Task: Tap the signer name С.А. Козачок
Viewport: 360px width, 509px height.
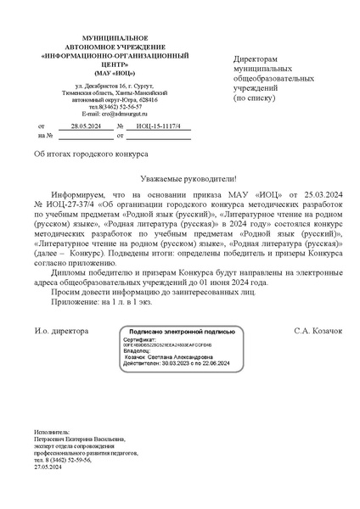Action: (x=318, y=329)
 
